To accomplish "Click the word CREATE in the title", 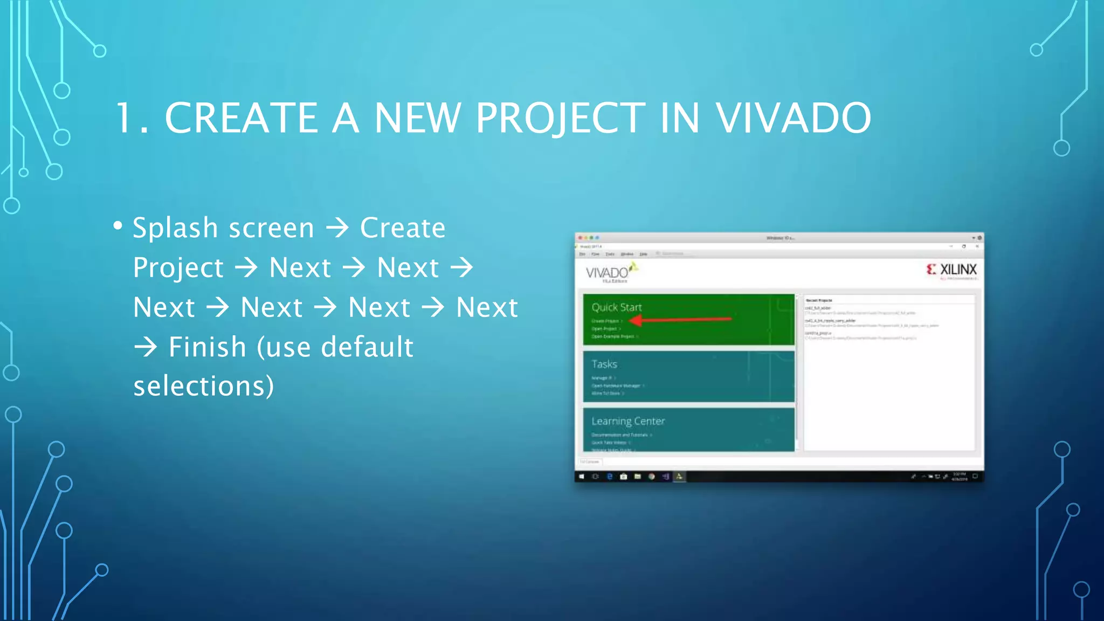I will coord(241,118).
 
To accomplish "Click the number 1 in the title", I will coord(125,118).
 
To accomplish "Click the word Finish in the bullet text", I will coord(208,347).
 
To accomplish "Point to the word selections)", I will coord(204,387).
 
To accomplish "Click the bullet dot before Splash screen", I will coord(118,225).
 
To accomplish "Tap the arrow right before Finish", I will coord(146,347).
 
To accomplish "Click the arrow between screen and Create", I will coord(337,228).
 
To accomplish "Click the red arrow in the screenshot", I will coord(680,320).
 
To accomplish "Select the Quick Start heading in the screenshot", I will coord(617,307).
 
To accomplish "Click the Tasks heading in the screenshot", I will coord(604,364).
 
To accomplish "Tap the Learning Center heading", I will coord(628,421).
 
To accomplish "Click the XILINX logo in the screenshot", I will coord(951,270).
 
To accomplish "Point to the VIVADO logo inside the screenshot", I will coord(608,273).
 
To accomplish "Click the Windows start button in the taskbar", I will coord(582,477).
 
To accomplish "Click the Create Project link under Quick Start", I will coord(605,321).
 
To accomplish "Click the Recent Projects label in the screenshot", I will coord(818,300).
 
